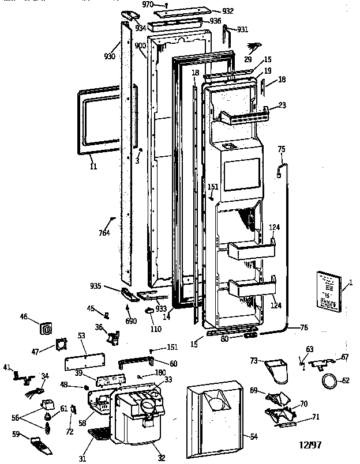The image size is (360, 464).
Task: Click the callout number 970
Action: click(x=148, y=5)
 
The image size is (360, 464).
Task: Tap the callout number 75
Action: click(x=282, y=149)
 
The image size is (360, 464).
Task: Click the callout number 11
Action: click(x=93, y=167)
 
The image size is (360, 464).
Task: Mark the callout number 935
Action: click(x=96, y=285)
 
